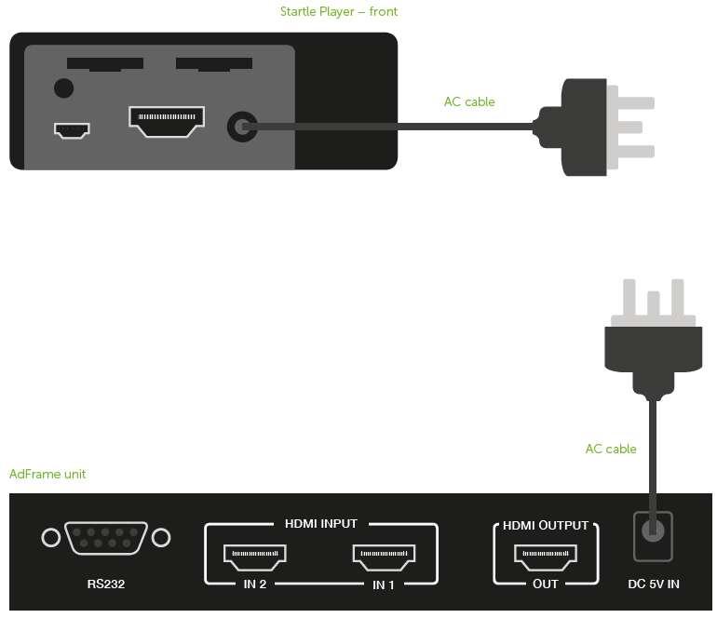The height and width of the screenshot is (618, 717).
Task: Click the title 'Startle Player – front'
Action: click(x=339, y=11)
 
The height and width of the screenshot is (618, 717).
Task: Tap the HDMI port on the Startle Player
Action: click(x=167, y=122)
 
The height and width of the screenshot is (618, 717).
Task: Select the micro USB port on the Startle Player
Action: click(x=72, y=130)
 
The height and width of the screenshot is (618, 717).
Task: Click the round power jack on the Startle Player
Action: click(x=242, y=127)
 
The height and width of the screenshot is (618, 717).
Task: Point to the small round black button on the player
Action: click(x=63, y=87)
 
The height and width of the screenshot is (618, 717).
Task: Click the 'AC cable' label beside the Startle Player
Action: click(x=469, y=101)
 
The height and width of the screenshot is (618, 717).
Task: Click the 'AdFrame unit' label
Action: click(x=47, y=474)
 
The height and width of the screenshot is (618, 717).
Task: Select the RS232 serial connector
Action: click(x=106, y=538)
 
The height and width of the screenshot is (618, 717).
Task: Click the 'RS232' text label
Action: click(x=106, y=584)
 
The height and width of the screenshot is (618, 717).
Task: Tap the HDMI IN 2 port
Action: click(x=255, y=558)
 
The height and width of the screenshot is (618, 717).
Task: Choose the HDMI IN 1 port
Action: click(x=384, y=558)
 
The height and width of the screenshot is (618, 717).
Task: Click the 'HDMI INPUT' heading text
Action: click(x=321, y=523)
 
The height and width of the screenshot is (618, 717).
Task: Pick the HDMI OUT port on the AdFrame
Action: click(x=546, y=558)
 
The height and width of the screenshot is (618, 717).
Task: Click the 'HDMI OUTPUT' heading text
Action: click(x=546, y=525)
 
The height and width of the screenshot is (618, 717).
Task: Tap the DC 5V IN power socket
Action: click(x=653, y=536)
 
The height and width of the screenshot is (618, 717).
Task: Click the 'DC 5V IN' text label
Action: click(x=654, y=584)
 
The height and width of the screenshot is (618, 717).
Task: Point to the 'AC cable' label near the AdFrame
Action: click(x=611, y=449)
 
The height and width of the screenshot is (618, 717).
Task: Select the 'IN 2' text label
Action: click(x=255, y=584)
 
